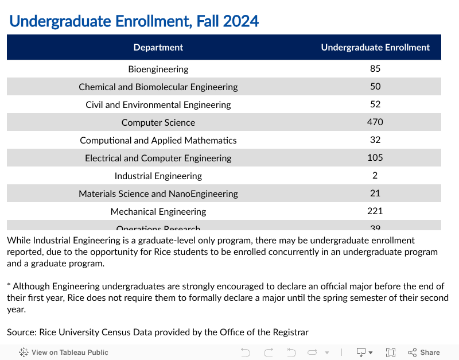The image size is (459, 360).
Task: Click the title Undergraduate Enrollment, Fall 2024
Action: click(x=134, y=21)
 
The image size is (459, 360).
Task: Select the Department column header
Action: click(x=158, y=48)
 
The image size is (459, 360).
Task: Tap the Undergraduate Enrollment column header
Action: click(x=375, y=48)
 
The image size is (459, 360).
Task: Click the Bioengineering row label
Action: click(x=158, y=69)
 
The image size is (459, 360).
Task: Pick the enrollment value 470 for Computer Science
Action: click(x=375, y=122)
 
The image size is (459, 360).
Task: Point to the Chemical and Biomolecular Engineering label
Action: click(x=158, y=87)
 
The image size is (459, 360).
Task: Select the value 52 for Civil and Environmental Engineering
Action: click(x=375, y=104)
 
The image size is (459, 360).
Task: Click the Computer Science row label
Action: click(x=158, y=122)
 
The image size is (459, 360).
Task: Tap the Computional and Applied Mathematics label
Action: click(x=158, y=140)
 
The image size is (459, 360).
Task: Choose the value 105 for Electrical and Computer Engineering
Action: click(x=375, y=157)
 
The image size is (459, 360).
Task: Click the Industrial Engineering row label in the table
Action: click(x=158, y=176)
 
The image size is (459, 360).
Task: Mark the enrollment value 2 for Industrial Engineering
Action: click(x=375, y=175)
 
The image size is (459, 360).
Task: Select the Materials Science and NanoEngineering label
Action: click(x=158, y=193)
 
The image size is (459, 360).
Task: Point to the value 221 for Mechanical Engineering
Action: click(x=375, y=211)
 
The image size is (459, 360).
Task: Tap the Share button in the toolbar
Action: click(x=424, y=353)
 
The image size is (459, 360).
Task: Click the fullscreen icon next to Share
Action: click(x=391, y=353)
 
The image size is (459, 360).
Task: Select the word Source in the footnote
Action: click(x=21, y=332)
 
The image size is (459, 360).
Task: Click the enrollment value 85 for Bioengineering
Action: click(x=375, y=68)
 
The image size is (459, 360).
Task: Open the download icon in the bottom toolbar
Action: click(x=364, y=353)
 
